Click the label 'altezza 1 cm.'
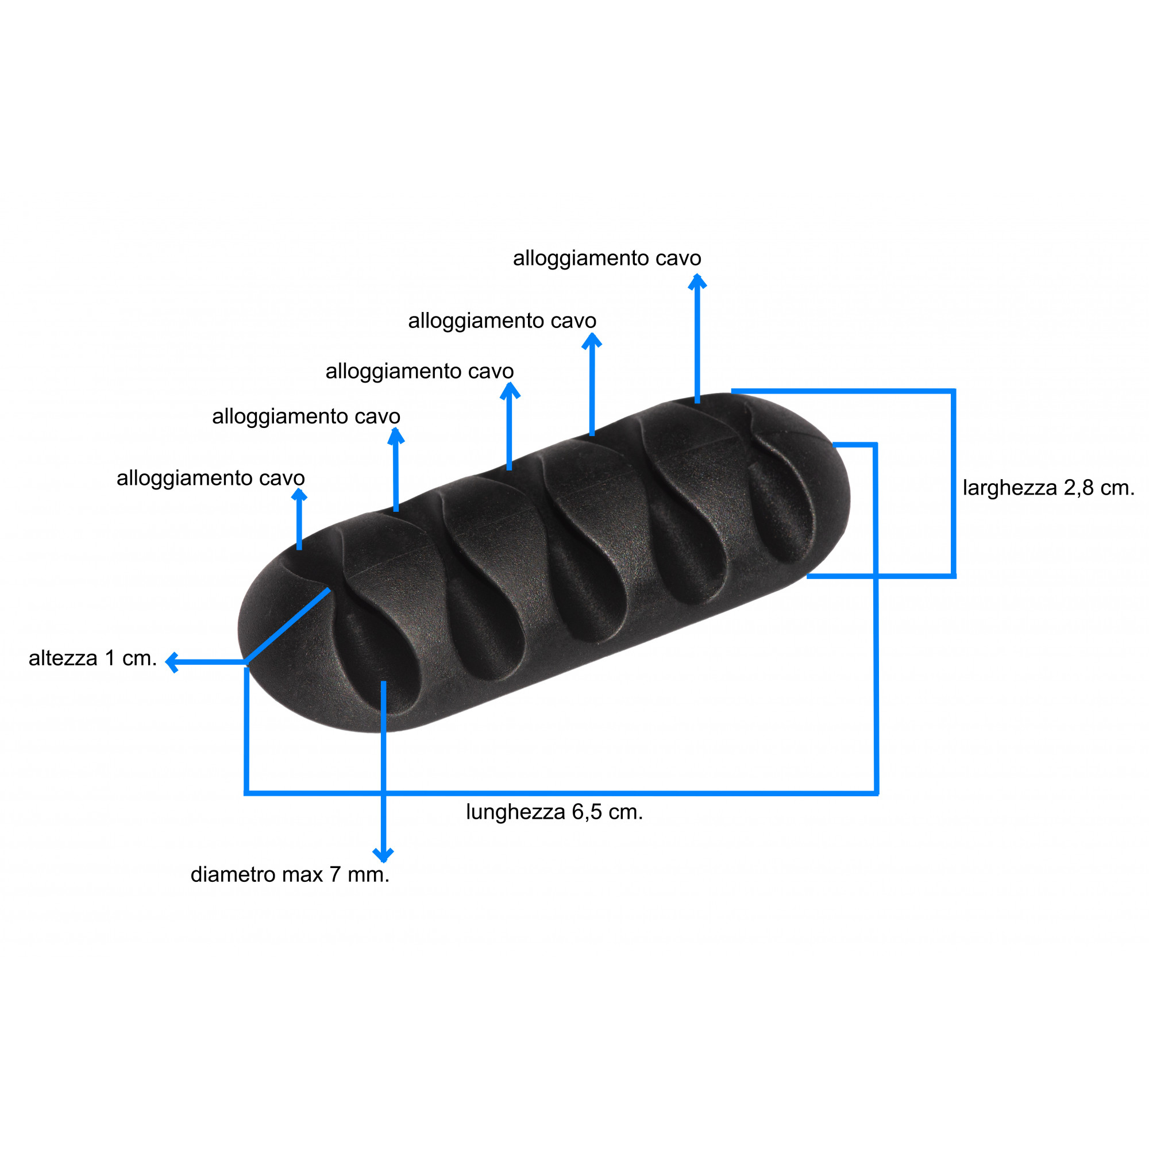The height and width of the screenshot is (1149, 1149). pos(92,658)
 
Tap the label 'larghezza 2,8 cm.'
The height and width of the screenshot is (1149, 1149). pos(1048,488)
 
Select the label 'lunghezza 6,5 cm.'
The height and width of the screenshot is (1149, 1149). pos(554,812)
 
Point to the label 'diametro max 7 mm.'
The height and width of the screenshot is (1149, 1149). pos(290,875)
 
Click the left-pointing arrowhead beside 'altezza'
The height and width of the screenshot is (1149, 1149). pos(172,662)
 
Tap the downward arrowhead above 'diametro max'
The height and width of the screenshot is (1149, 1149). pos(383,855)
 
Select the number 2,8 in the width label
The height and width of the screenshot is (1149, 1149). pos(1079,488)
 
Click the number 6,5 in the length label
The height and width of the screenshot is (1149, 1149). pos(588,812)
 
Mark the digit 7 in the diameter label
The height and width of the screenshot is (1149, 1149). pos(336,875)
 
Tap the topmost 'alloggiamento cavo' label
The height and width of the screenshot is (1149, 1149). pos(607,258)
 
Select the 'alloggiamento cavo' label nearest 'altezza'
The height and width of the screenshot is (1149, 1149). pos(210,478)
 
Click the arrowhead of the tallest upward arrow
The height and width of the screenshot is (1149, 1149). pos(697,282)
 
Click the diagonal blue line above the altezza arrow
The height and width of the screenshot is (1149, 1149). pos(288,625)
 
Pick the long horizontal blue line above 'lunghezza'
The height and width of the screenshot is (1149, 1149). pos(561,793)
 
